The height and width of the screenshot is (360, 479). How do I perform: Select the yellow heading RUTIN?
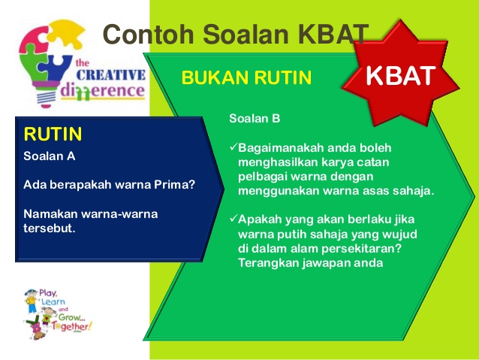coord(53,135)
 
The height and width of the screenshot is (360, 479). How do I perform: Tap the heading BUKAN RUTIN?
coord(246,77)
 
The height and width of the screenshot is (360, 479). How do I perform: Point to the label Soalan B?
coord(255,118)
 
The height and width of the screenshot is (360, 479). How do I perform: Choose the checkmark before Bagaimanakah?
coord(233,148)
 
